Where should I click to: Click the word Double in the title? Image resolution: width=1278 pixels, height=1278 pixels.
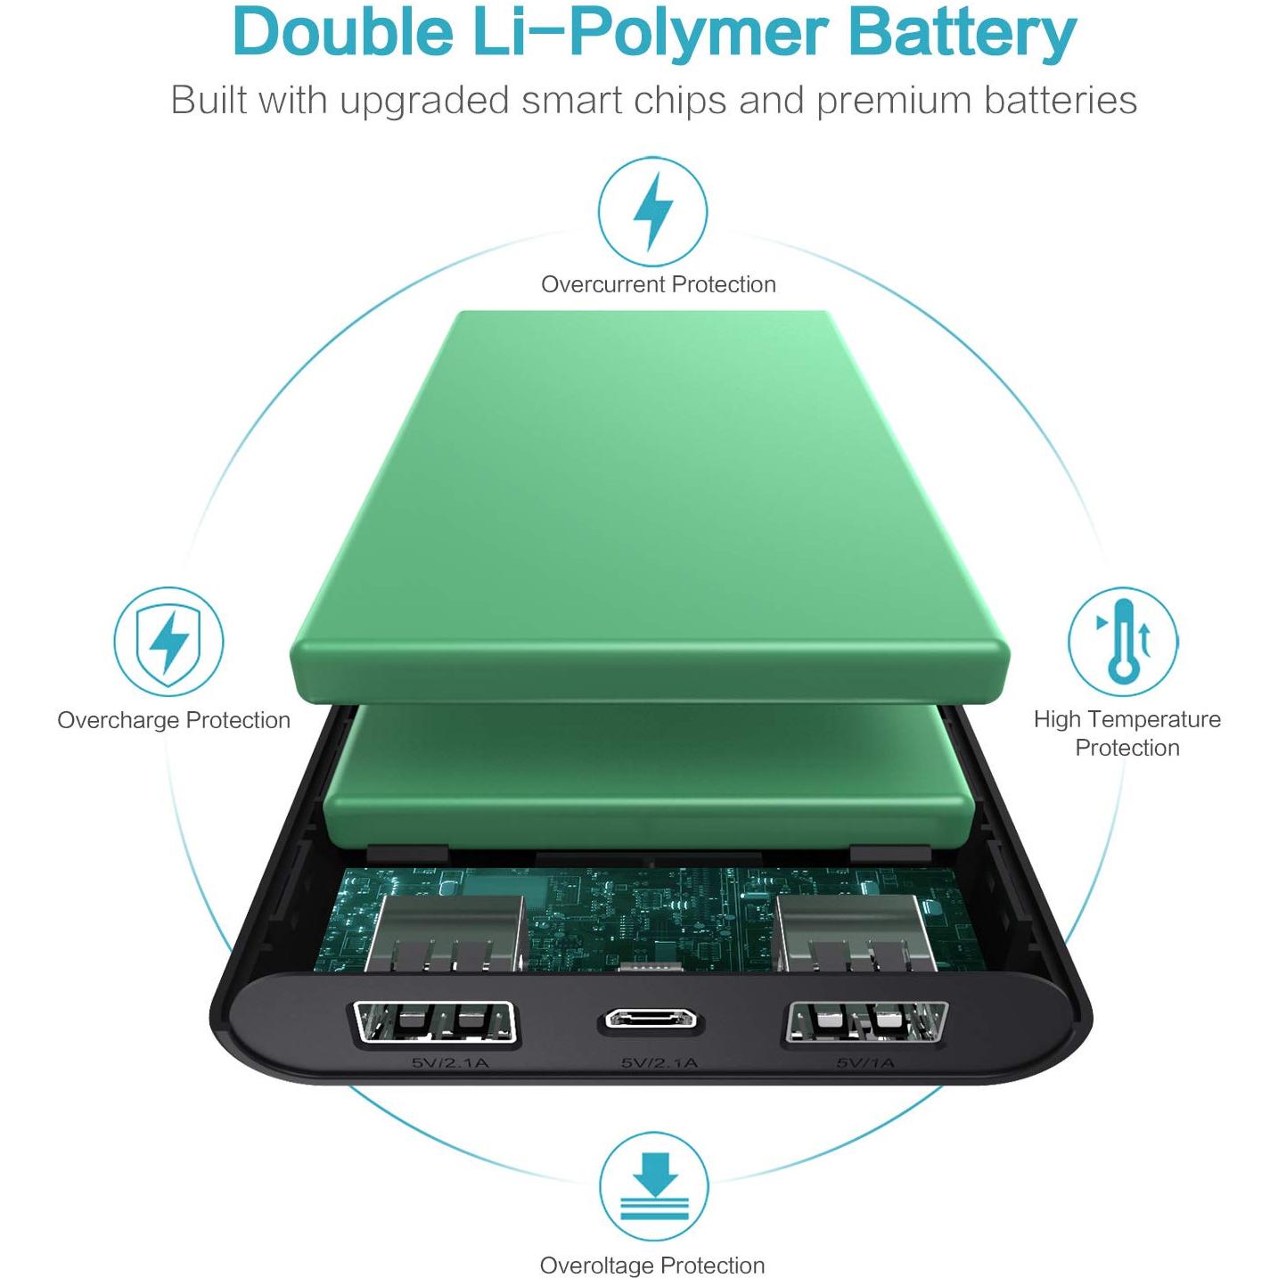(343, 32)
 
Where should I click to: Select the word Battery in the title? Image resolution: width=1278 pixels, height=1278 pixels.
(962, 35)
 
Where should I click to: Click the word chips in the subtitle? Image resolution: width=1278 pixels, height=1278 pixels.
(680, 102)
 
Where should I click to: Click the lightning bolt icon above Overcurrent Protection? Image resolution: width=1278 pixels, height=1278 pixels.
(652, 211)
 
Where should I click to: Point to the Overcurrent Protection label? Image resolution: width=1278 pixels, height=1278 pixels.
(659, 284)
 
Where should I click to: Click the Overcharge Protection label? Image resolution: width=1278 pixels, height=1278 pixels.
(174, 720)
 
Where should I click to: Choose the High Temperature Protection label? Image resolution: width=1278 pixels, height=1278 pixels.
(1126, 733)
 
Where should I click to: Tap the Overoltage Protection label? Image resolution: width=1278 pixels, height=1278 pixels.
(652, 1265)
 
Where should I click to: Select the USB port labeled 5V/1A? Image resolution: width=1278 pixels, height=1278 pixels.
(866, 1022)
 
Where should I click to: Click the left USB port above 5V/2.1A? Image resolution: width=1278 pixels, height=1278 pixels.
(434, 1024)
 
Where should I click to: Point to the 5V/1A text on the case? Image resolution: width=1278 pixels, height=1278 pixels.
(865, 1064)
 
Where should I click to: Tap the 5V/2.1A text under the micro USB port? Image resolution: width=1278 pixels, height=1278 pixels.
(659, 1063)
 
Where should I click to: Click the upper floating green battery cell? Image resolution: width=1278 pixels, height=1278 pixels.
(650, 504)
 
